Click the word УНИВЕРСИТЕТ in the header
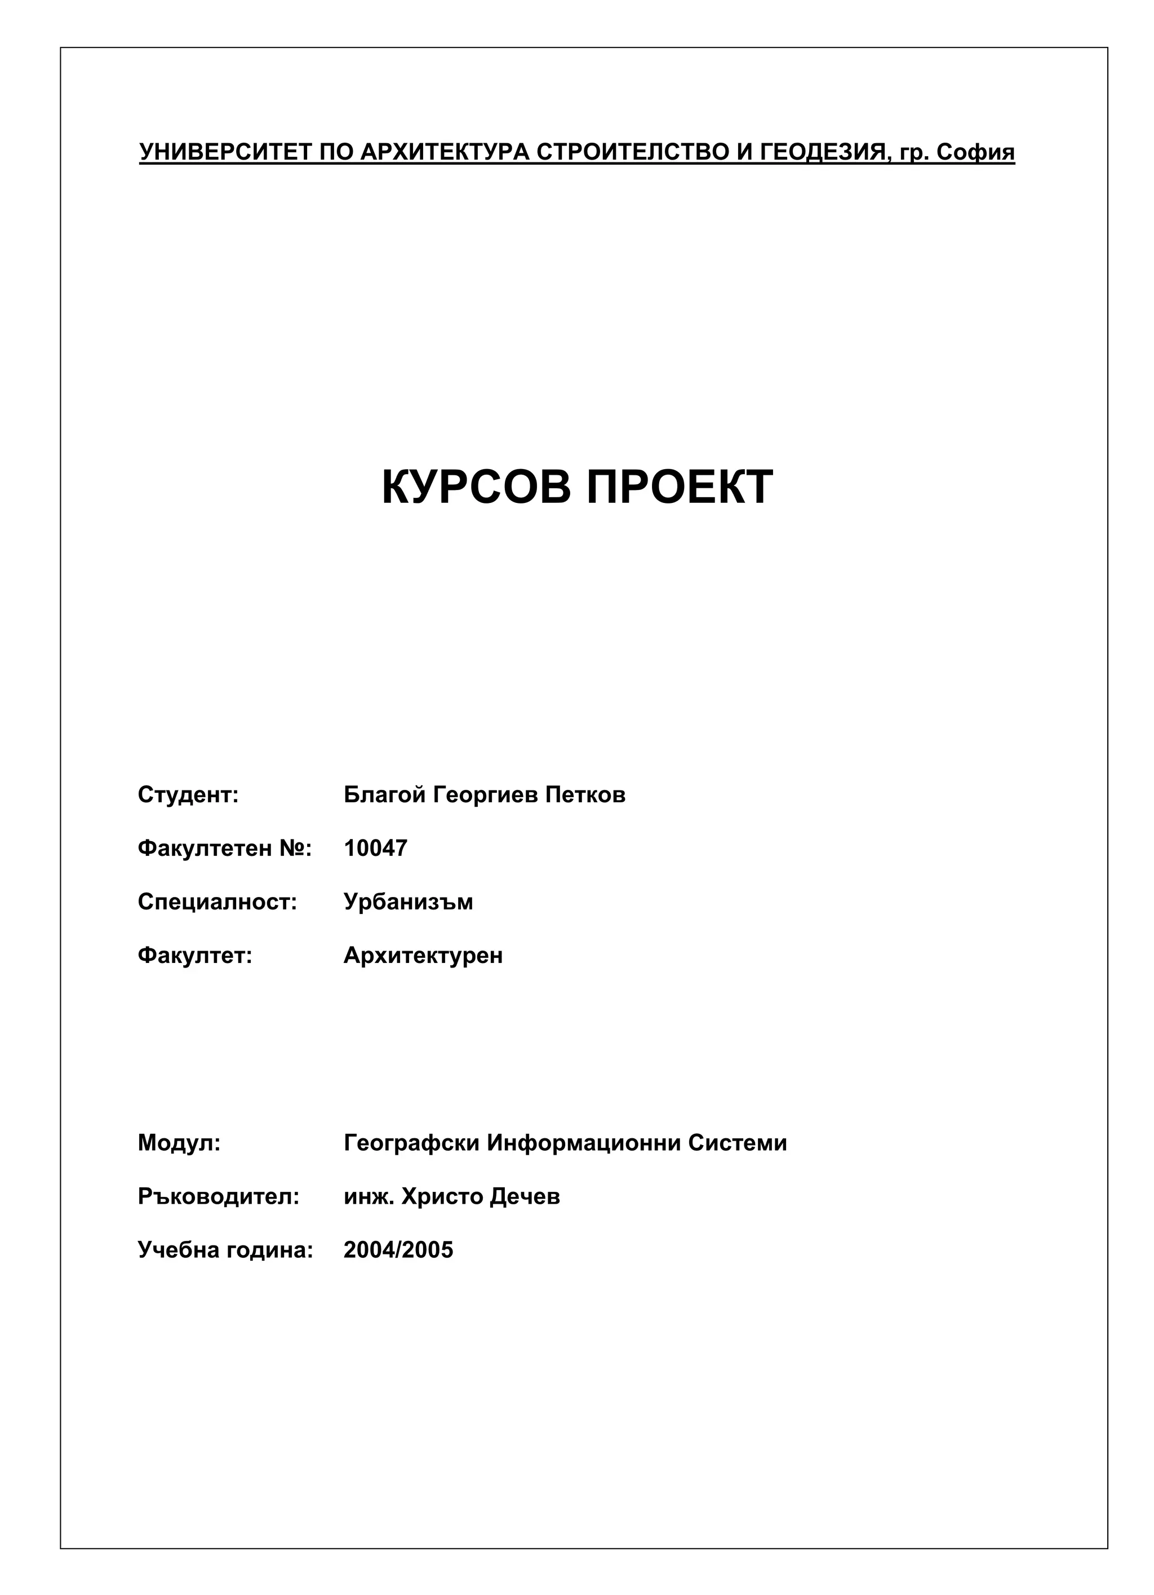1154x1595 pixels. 225,152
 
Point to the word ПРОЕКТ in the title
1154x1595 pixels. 680,487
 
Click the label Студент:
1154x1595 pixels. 188,795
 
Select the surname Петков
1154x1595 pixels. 585,795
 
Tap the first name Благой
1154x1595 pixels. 384,795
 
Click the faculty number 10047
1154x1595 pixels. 375,848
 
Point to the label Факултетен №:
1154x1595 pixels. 224,848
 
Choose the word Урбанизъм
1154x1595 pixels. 409,902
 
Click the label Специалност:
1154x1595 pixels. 217,902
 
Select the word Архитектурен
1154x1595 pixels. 423,955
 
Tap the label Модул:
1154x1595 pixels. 179,1143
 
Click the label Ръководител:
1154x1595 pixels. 219,1196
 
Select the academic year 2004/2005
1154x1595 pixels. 398,1250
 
